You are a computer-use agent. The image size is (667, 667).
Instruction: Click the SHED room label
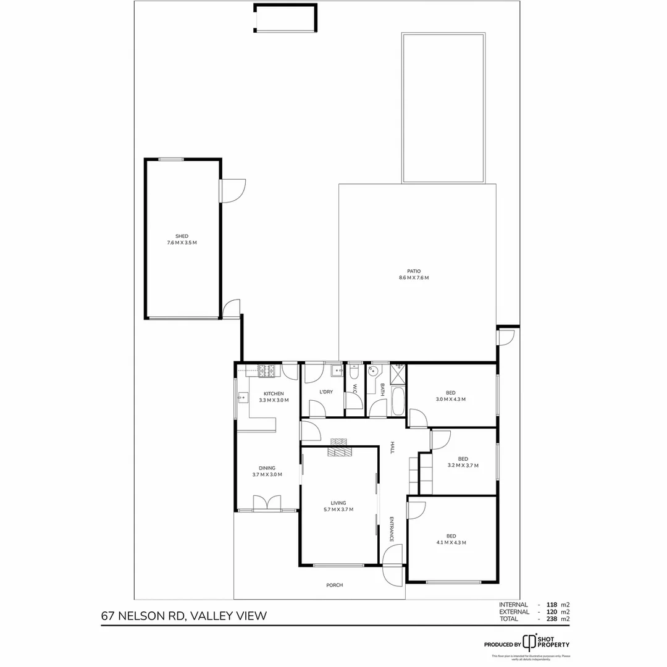(182, 236)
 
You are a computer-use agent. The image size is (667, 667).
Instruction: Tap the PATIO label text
(414, 271)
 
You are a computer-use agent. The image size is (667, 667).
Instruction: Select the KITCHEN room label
(274, 393)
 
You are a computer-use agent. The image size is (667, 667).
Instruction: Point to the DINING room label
(267, 468)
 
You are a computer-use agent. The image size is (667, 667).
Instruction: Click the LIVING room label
(338, 503)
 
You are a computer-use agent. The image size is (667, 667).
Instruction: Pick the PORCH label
(334, 585)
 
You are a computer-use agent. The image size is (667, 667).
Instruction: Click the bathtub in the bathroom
(397, 401)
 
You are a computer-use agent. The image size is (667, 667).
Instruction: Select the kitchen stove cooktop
(266, 371)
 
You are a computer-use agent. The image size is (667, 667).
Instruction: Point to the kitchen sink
(242, 398)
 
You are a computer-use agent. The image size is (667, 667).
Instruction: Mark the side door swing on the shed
(233, 190)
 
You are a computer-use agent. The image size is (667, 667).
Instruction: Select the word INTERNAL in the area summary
(513, 605)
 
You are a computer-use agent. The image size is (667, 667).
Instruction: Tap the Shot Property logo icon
(529, 642)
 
